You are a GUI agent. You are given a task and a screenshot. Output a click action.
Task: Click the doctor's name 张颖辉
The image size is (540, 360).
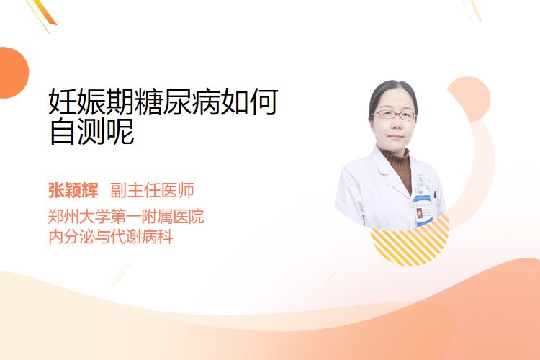(73, 190)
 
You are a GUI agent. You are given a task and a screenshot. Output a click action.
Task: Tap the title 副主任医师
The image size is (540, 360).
(152, 190)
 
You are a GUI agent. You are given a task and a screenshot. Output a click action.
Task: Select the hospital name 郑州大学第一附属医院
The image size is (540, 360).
(126, 217)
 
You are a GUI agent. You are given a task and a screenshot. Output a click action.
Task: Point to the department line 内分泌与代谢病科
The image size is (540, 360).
(111, 237)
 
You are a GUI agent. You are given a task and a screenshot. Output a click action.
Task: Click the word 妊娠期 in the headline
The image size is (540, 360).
(91, 102)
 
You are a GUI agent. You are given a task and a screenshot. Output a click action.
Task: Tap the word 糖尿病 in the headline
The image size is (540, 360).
(177, 102)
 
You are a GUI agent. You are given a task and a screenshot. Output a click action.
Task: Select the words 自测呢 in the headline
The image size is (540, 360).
(91, 131)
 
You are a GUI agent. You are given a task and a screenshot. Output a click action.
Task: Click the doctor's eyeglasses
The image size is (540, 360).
(395, 114)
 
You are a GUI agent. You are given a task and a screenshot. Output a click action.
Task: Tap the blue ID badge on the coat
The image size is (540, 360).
(423, 210)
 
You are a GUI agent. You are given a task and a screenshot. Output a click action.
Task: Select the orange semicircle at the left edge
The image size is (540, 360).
(14, 73)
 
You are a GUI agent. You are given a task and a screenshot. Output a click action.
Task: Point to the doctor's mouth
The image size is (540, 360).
(396, 137)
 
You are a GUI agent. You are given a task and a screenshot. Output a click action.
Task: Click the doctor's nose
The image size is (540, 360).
(396, 125)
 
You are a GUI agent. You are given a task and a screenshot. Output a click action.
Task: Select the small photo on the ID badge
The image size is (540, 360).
(419, 213)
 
